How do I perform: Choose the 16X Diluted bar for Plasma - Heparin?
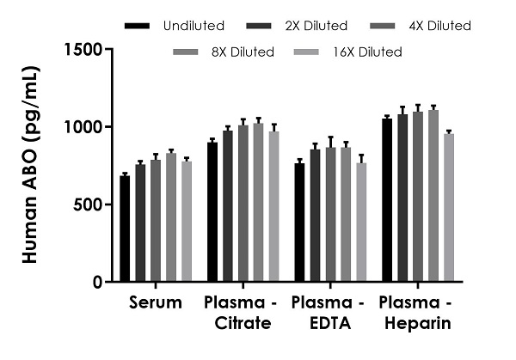click(449, 208)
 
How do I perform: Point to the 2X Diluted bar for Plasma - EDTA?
click(315, 216)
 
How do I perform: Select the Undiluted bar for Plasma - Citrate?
click(212, 212)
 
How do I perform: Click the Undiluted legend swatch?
click(137, 26)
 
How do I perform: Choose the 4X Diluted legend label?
click(439, 26)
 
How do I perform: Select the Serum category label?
click(156, 302)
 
